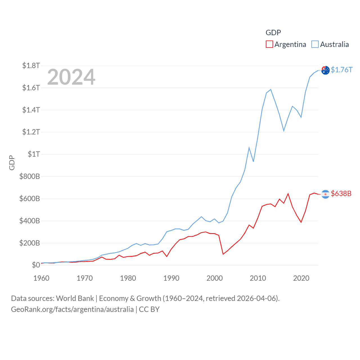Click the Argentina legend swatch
click(x=269, y=44)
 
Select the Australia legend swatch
click(x=315, y=44)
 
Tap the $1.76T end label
click(x=341, y=70)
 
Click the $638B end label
click(x=341, y=193)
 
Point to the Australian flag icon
click(x=325, y=70)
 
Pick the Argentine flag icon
click(x=325, y=194)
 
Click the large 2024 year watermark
click(x=71, y=77)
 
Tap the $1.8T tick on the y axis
click(x=31, y=66)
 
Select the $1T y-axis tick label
click(x=34, y=154)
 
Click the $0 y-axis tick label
click(x=36, y=265)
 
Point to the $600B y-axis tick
click(x=30, y=199)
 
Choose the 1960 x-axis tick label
click(x=41, y=278)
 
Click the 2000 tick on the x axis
click(x=215, y=278)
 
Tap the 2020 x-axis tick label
click(x=301, y=278)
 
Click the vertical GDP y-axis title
click(x=12, y=163)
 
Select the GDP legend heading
click(x=273, y=33)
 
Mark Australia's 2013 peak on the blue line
click(x=271, y=90)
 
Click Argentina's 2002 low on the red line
click(x=223, y=254)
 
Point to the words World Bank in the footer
click(x=75, y=298)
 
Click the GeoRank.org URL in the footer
click(x=72, y=309)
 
